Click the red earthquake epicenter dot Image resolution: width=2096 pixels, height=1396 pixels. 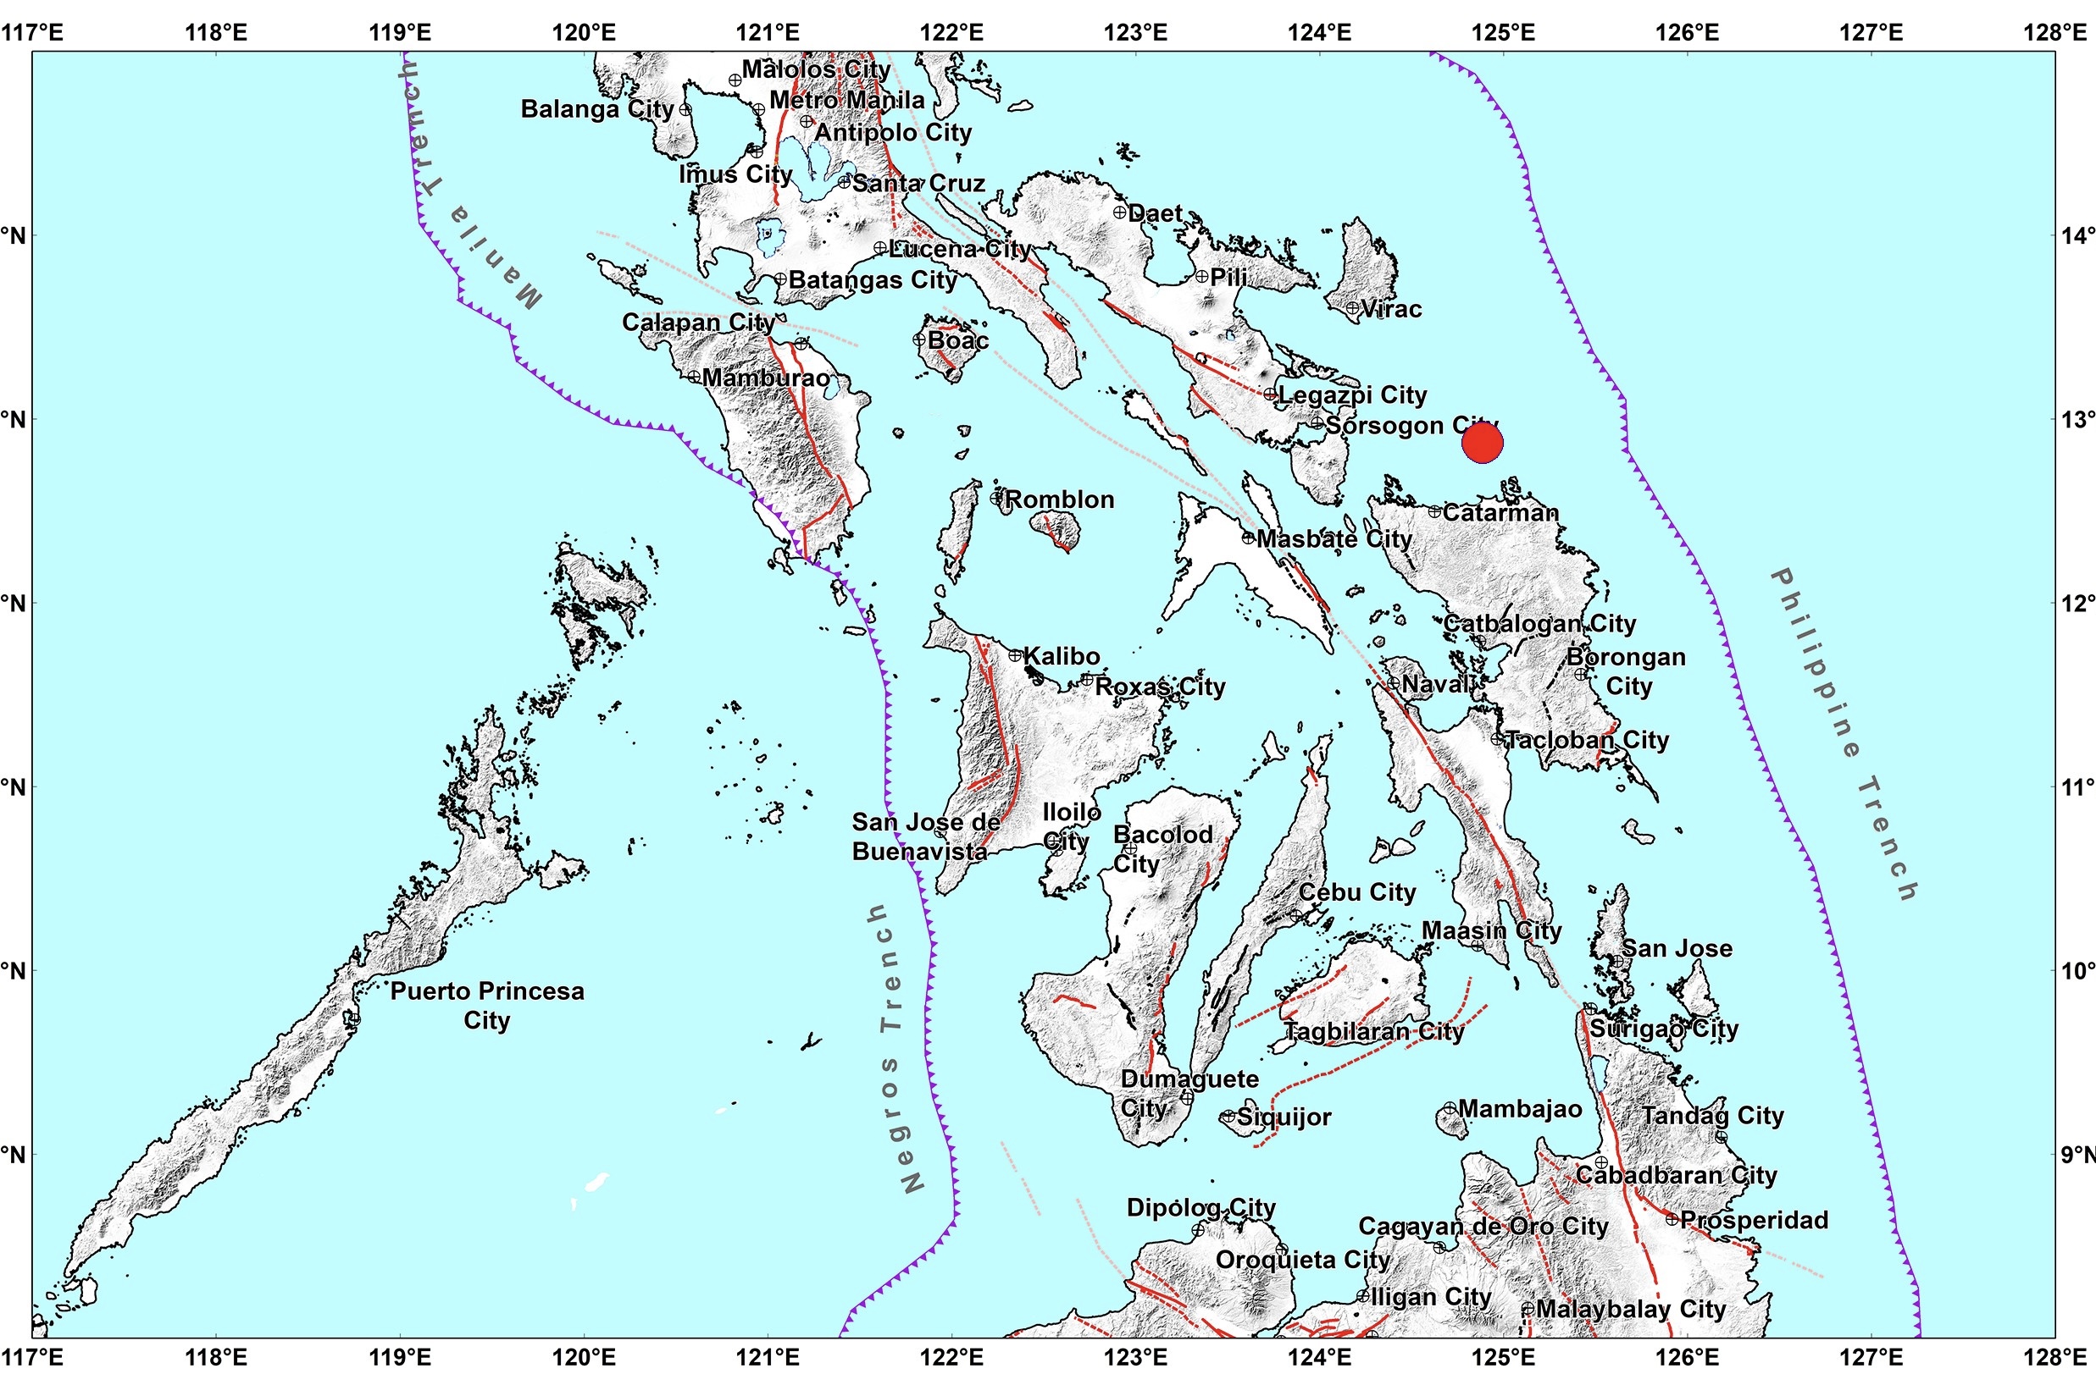point(1483,443)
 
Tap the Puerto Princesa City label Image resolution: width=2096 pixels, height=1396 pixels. point(487,1005)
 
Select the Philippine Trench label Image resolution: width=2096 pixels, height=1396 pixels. point(1843,734)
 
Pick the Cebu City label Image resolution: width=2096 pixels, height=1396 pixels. point(1356,892)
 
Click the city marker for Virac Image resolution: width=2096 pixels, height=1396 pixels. point(1352,308)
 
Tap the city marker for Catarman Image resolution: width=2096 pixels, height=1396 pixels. point(1434,512)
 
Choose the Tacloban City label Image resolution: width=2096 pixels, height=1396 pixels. point(1587,740)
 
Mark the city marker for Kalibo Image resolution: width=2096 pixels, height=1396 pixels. point(1015,655)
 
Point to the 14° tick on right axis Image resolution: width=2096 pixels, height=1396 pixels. point(2077,236)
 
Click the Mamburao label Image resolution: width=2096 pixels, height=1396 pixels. point(766,378)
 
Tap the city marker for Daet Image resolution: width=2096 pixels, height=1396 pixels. point(1120,212)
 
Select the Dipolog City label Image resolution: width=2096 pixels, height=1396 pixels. point(1200,1207)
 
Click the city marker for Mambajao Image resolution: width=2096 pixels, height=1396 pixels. point(1450,1108)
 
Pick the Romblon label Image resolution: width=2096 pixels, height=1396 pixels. point(1059,499)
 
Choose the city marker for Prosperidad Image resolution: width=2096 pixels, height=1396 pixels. point(1672,1219)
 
